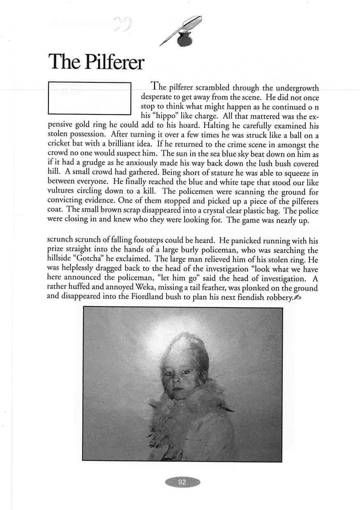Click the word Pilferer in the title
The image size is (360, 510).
point(114,62)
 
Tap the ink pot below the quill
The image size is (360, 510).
point(184,40)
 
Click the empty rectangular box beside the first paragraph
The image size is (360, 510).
point(90,98)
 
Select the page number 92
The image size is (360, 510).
point(182,482)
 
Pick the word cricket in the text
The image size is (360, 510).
point(60,144)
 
